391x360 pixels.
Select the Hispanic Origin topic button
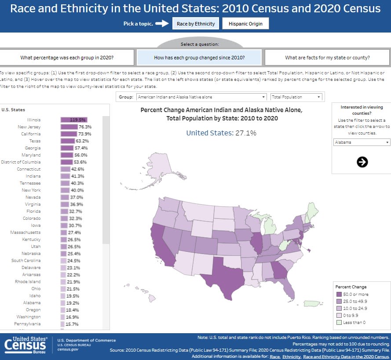click(x=245, y=24)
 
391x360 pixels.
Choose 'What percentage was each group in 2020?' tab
click(x=67, y=58)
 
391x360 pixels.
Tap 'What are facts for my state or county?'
click(x=327, y=58)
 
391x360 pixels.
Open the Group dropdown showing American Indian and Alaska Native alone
click(x=201, y=97)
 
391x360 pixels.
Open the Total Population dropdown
click(x=296, y=97)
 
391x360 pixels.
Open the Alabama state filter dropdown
click(x=361, y=142)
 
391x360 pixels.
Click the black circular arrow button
click(x=362, y=162)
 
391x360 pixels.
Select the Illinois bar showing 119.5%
click(x=74, y=120)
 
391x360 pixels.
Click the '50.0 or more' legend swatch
click(x=339, y=294)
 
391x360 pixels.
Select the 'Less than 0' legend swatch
click(x=339, y=322)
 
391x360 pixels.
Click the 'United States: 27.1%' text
click(x=221, y=133)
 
